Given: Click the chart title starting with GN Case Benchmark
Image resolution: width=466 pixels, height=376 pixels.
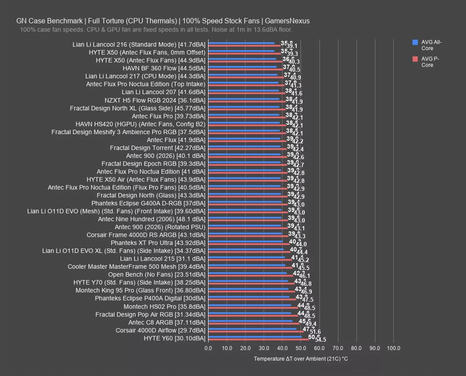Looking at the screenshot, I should click(x=163, y=21).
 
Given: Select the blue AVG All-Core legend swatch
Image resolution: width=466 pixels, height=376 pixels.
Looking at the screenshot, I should click(x=415, y=42).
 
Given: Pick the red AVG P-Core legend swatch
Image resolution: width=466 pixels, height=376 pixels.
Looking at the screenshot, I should click(x=415, y=59).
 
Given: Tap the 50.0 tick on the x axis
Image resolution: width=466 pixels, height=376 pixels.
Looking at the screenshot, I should click(x=301, y=348).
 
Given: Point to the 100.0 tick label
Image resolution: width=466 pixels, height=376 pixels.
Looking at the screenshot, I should click(x=393, y=348).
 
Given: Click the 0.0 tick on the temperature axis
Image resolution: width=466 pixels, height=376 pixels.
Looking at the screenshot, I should click(x=208, y=348).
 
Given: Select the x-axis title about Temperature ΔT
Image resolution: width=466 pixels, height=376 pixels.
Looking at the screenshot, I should click(x=300, y=359).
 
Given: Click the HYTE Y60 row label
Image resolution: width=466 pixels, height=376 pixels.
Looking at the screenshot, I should click(x=174, y=338).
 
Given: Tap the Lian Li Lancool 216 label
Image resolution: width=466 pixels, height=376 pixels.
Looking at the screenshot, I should click(x=139, y=45).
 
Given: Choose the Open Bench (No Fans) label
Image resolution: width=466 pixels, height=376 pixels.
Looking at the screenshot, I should click(x=157, y=275).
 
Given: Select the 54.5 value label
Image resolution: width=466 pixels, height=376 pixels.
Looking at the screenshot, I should click(x=321, y=340).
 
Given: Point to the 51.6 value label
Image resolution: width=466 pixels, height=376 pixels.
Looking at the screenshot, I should click(x=315, y=332).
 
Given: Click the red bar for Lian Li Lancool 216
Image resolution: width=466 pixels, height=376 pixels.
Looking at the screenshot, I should click(x=244, y=46).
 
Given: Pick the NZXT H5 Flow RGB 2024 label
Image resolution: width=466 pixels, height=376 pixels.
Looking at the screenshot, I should click(x=155, y=100).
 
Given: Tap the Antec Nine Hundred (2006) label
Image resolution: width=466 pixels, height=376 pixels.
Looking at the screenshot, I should click(x=152, y=219).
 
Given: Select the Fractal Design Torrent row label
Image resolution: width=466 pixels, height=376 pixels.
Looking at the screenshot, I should click(x=158, y=148).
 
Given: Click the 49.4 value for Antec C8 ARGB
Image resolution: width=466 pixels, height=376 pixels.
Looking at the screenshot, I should click(x=311, y=324).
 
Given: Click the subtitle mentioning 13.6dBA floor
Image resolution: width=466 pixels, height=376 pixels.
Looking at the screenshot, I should click(x=156, y=30).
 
